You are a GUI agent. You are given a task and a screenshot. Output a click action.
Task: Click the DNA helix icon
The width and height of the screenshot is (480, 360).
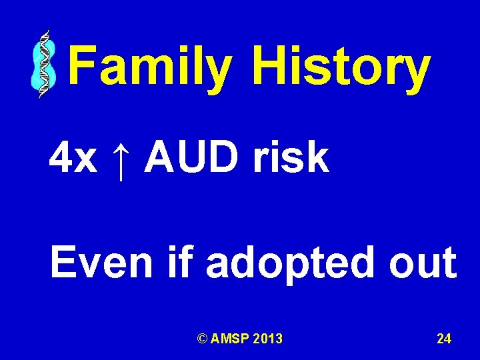pos(43,65)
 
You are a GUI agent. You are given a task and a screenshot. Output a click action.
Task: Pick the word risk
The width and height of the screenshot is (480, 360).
pos(291,158)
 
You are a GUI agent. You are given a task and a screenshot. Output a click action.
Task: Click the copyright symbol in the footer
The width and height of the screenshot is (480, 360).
pos(202,339)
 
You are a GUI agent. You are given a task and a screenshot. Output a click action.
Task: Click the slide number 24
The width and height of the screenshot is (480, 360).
pos(444,339)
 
